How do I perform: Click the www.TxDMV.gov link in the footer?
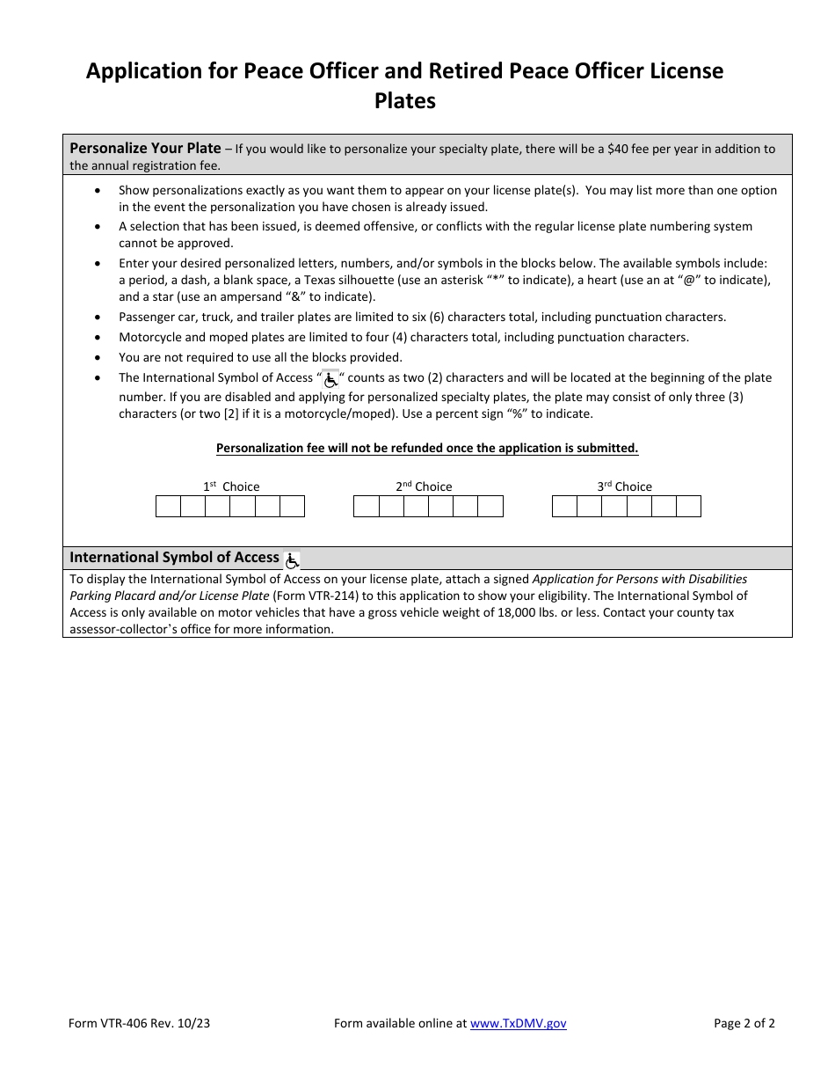[519, 1023]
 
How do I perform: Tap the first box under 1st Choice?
[168, 507]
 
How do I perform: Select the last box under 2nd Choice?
[490, 507]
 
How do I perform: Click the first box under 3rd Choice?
[564, 507]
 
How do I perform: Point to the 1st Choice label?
[231, 486]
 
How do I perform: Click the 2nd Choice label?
[424, 486]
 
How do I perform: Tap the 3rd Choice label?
[624, 486]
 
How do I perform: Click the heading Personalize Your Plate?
[145, 148]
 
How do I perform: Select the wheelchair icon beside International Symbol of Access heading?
[292, 559]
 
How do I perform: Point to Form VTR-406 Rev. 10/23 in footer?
[139, 1023]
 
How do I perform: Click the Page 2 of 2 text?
[744, 1023]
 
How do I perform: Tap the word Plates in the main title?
[405, 101]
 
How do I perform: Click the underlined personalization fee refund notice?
[427, 448]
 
